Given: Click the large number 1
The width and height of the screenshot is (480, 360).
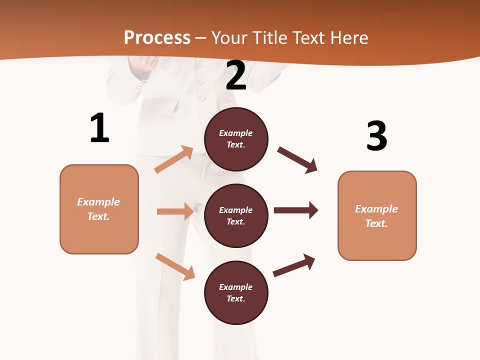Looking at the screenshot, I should [99, 128].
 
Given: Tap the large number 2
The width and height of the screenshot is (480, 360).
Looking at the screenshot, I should [236, 75].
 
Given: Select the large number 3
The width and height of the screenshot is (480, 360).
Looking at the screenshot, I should [376, 136].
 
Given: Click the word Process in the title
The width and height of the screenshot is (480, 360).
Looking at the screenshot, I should [157, 37].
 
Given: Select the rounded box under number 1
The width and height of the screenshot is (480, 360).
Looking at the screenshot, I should [99, 209].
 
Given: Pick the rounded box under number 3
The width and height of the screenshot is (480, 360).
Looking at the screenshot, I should [377, 216].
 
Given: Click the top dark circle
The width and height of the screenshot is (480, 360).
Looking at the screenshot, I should [236, 139].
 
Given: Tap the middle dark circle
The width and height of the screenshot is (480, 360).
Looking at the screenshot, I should [236, 215].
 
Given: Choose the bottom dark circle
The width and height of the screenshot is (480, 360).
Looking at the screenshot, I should [236, 292].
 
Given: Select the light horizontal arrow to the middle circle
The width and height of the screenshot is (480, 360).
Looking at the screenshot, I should [175, 211].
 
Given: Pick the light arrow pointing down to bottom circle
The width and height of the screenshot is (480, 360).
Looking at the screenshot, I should [175, 266].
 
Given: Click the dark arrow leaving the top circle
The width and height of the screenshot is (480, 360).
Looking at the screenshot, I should [297, 159].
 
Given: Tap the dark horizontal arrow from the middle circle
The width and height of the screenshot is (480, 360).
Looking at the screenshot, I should [296, 210].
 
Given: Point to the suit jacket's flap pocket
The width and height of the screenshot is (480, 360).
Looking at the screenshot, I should [165, 107].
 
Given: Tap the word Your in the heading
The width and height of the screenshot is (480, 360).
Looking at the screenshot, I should [229, 37].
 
